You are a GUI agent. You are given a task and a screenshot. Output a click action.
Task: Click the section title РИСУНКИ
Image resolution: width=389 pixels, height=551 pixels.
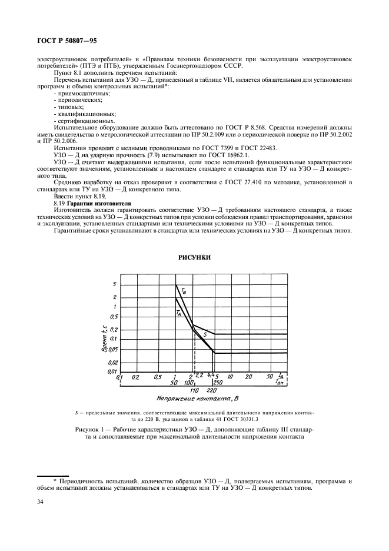194,258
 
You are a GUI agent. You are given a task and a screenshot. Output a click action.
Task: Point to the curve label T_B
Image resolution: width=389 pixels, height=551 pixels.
184,290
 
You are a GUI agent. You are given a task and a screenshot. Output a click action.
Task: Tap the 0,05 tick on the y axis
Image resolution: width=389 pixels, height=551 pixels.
112,350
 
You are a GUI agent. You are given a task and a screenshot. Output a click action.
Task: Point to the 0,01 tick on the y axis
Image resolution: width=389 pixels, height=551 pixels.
112,371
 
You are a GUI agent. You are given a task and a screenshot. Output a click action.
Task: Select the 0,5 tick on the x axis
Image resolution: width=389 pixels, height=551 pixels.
157,376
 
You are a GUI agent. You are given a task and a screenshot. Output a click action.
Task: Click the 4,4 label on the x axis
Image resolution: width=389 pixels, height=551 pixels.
211,375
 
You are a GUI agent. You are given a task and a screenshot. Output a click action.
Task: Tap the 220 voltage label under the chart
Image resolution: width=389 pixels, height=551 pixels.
212,390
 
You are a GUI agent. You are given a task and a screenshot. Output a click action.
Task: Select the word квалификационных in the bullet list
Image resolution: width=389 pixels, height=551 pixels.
78,114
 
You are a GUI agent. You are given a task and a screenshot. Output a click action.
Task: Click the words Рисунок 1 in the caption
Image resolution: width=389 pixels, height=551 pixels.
92,430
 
